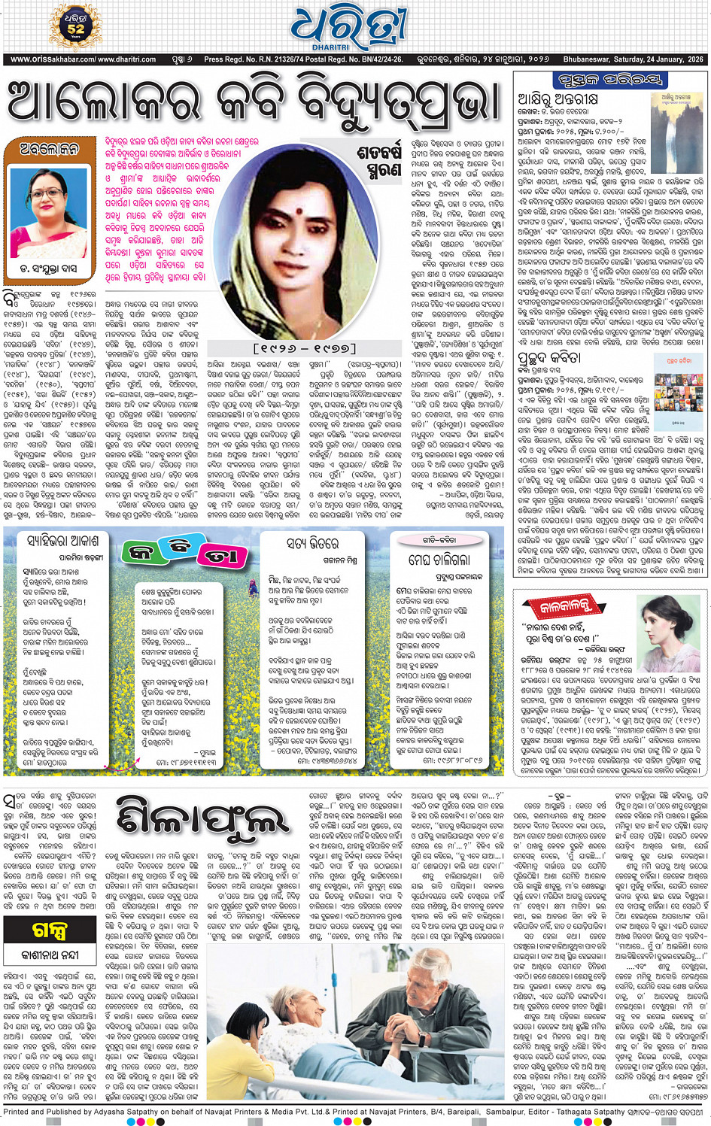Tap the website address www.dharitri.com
[x=127, y=59]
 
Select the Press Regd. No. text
[x=303, y=59]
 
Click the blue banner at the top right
[x=609, y=80]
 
